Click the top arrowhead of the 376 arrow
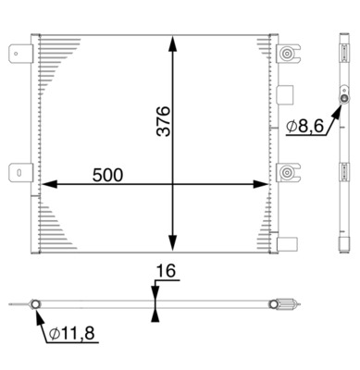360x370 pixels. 173,42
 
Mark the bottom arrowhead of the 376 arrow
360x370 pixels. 173,239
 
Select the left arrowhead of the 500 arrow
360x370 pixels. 43,184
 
